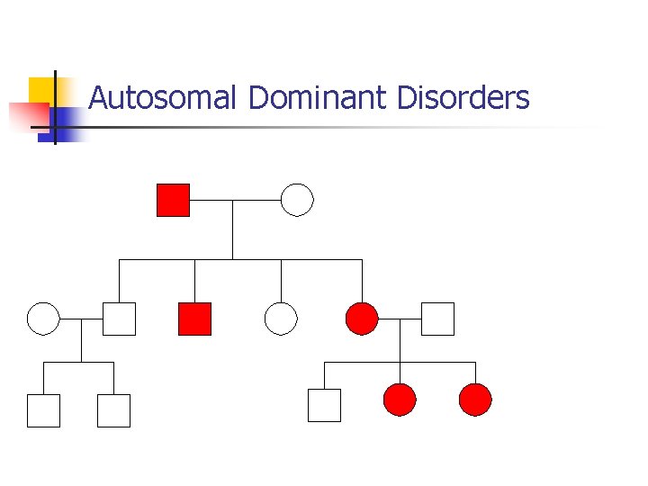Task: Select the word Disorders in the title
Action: click(x=463, y=97)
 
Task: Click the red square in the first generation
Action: click(x=173, y=200)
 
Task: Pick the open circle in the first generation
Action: click(x=297, y=200)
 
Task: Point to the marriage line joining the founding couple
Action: click(x=235, y=200)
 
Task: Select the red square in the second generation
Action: click(x=194, y=319)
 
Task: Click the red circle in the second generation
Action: click(x=362, y=319)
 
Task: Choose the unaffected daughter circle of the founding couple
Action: click(x=281, y=319)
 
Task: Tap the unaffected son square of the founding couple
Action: click(x=119, y=319)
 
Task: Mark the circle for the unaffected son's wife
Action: click(x=43, y=319)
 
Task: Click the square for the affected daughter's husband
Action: click(x=437, y=319)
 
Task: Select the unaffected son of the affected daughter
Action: click(x=324, y=405)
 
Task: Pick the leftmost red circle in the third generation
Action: click(x=400, y=400)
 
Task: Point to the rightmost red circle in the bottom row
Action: click(x=475, y=400)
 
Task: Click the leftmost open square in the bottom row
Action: click(x=43, y=410)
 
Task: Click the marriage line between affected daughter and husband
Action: click(x=400, y=319)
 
